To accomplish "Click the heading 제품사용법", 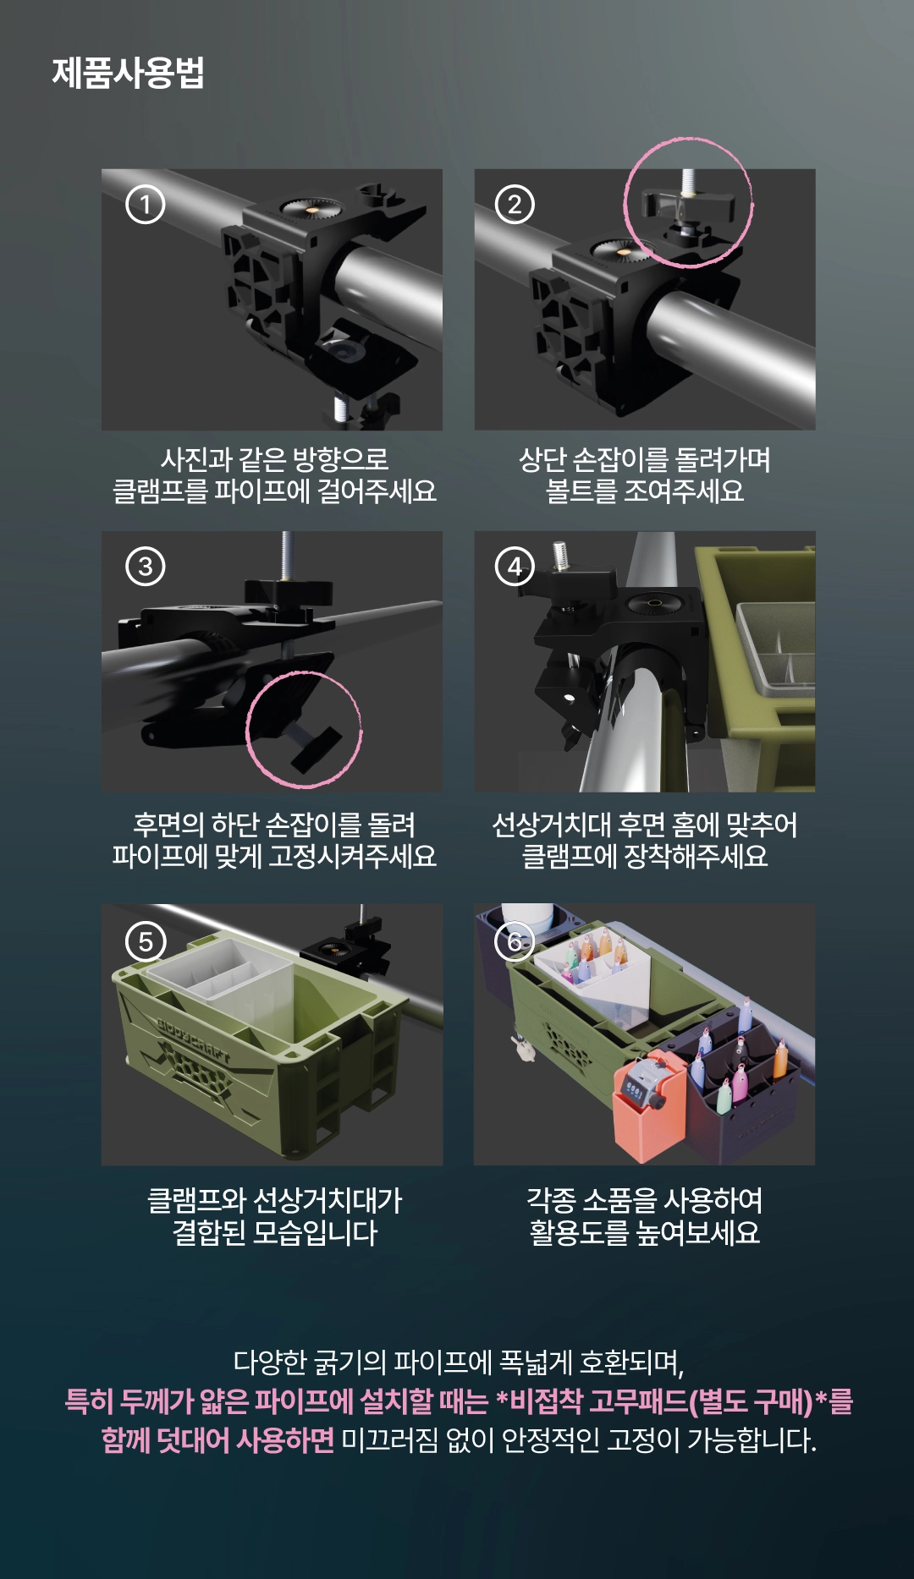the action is click(128, 73).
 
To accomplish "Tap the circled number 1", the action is click(146, 204).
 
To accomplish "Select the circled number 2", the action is click(515, 204).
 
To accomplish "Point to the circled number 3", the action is click(146, 566).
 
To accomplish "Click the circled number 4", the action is click(515, 566).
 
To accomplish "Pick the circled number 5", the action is click(146, 941).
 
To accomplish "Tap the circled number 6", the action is click(515, 941).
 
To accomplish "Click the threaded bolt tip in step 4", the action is click(559, 556).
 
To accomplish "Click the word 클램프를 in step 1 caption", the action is click(161, 491).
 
